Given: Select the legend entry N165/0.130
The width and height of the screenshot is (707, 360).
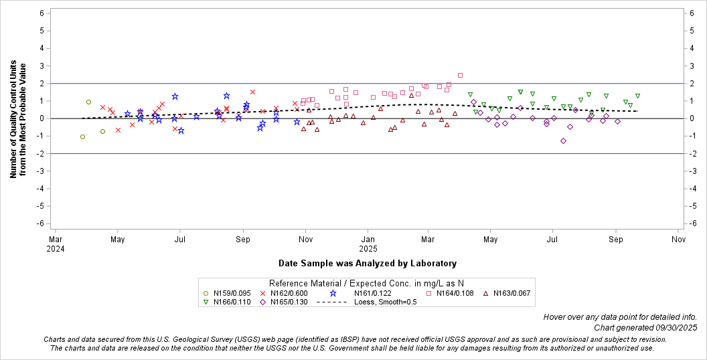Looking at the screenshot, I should click(x=289, y=302).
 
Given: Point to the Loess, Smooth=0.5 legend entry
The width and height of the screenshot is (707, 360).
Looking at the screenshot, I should click(x=362, y=302).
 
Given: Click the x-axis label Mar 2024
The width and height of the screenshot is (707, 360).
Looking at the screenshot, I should click(x=56, y=243).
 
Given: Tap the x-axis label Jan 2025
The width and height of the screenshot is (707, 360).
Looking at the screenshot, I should click(x=368, y=243).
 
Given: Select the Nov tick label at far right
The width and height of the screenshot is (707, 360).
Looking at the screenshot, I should click(x=678, y=239).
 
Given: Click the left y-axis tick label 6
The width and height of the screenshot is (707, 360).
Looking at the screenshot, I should click(x=42, y=13).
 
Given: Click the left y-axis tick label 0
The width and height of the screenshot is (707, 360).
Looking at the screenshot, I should click(x=42, y=118).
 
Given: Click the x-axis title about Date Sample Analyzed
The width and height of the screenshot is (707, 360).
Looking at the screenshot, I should click(x=368, y=264).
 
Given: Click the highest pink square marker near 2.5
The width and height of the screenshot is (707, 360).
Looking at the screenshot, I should click(x=460, y=75).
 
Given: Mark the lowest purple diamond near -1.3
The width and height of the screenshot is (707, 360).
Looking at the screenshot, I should click(x=563, y=141).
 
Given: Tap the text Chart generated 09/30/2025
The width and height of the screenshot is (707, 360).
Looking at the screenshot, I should click(x=645, y=328).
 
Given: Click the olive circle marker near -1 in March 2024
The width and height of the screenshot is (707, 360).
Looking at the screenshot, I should click(x=82, y=137).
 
